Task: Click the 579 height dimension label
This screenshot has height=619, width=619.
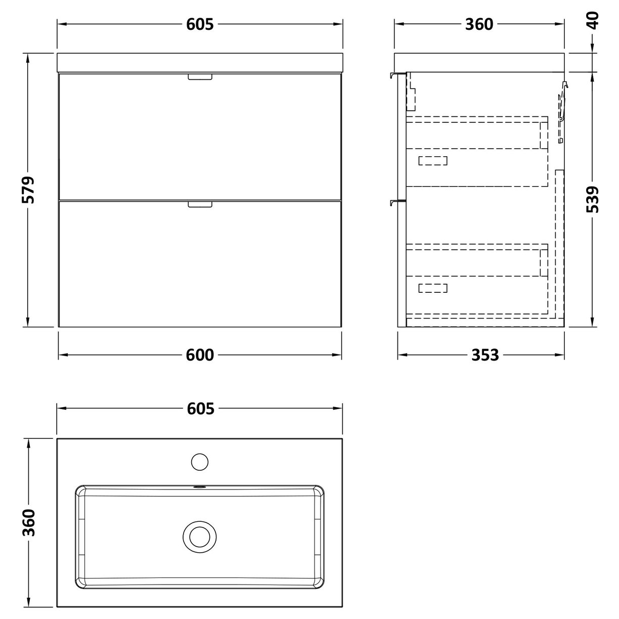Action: coord(29,190)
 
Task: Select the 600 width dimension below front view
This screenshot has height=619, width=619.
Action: coord(200,355)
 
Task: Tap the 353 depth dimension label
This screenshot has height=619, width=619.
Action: coord(485,355)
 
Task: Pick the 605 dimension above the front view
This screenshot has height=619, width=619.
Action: coord(200,24)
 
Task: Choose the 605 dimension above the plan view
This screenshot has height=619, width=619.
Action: coord(200,408)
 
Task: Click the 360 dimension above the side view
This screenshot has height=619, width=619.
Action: coord(478,24)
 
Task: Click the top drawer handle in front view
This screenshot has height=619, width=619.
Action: coord(200,77)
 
